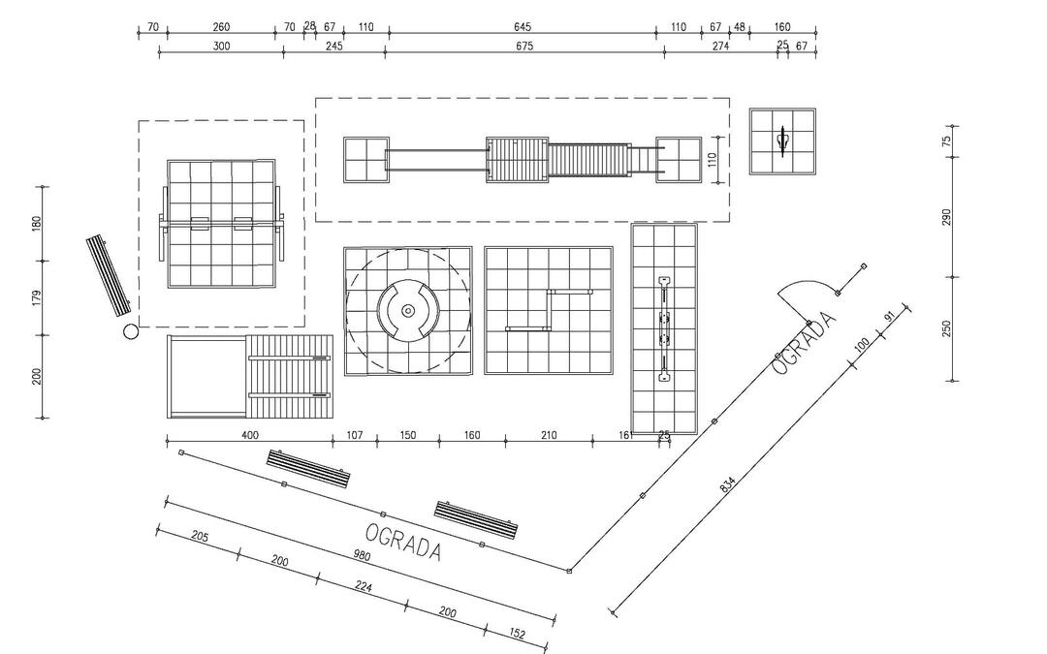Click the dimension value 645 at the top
(523, 27)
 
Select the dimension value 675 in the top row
(524, 47)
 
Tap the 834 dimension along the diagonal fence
(728, 484)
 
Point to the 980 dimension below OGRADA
(362, 554)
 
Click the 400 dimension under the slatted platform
(249, 435)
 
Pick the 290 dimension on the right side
(946, 217)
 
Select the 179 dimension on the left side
(37, 297)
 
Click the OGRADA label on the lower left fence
(403, 542)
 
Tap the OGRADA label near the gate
(804, 343)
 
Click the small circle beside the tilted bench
(131, 331)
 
